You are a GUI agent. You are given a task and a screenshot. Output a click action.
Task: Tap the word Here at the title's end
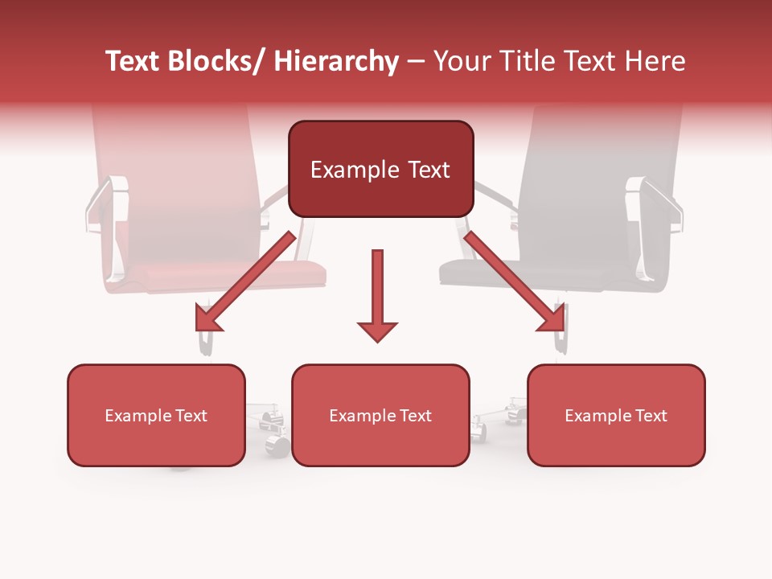click(655, 61)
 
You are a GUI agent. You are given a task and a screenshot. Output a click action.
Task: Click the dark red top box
click(380, 169)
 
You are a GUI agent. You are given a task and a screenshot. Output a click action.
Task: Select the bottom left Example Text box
click(156, 415)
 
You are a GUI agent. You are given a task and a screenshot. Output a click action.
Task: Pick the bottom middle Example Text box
click(380, 415)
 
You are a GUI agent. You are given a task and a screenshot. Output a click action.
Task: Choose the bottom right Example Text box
click(616, 415)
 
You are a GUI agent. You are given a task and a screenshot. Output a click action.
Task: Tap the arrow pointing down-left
click(245, 281)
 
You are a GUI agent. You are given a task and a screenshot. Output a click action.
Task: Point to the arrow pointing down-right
click(515, 281)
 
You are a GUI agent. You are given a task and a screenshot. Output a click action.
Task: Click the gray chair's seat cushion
click(531, 273)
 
